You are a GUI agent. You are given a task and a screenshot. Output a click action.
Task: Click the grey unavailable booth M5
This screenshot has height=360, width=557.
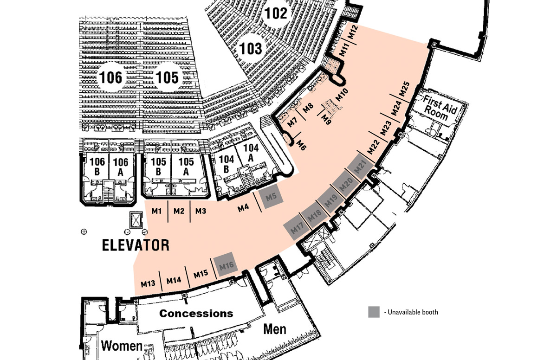271,196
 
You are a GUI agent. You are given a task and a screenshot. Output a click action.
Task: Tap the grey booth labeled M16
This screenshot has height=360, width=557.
226,264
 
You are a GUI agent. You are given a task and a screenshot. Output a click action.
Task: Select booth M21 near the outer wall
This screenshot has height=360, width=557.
361,167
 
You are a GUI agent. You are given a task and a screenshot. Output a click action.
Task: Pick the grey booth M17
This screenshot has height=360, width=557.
297,227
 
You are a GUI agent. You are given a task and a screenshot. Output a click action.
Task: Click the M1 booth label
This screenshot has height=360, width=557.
156,211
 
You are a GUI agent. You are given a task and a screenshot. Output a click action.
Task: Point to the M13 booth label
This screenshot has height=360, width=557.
148,283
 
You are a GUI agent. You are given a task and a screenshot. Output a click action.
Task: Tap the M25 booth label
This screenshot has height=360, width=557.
404,89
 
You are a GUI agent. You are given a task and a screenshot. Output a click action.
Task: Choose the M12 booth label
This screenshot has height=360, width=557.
353,32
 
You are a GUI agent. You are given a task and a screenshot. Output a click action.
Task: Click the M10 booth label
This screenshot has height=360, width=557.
342,95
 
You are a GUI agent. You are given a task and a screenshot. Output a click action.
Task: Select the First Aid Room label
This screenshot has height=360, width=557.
440,108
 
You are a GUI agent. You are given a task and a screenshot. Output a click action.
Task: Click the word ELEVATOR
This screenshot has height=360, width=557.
136,245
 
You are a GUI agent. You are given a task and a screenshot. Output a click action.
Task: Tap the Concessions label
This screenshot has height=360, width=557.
196,314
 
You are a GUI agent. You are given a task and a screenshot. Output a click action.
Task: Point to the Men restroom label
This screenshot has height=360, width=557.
275,329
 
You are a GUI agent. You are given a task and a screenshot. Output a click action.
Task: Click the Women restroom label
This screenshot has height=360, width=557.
122,346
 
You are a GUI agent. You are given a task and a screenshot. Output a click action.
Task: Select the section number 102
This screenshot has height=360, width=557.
276,13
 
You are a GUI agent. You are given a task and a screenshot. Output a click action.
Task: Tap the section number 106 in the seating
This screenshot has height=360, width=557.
110,77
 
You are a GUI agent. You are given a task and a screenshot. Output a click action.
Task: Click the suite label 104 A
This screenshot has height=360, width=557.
251,153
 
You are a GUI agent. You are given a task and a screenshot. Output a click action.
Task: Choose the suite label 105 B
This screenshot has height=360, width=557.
158,167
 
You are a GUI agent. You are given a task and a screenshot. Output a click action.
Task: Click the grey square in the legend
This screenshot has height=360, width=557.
374,312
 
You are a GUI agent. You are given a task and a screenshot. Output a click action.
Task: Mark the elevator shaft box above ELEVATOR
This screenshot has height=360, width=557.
136,220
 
